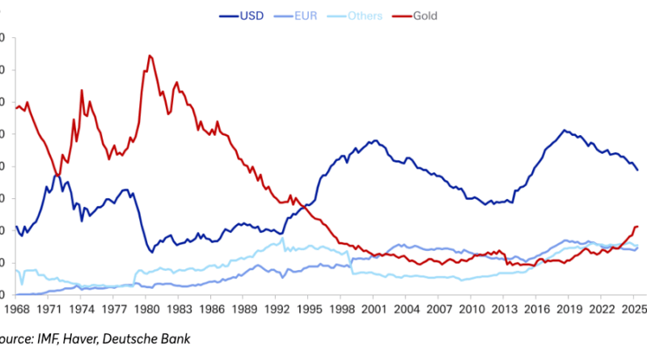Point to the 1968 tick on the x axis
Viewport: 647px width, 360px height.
[x=16, y=309]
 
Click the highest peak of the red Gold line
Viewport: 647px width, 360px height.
[x=150, y=56]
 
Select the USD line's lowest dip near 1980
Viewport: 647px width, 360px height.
[x=151, y=252]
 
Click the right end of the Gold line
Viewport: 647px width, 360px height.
[x=637, y=227]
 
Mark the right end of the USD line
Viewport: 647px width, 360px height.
[x=637, y=170]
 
